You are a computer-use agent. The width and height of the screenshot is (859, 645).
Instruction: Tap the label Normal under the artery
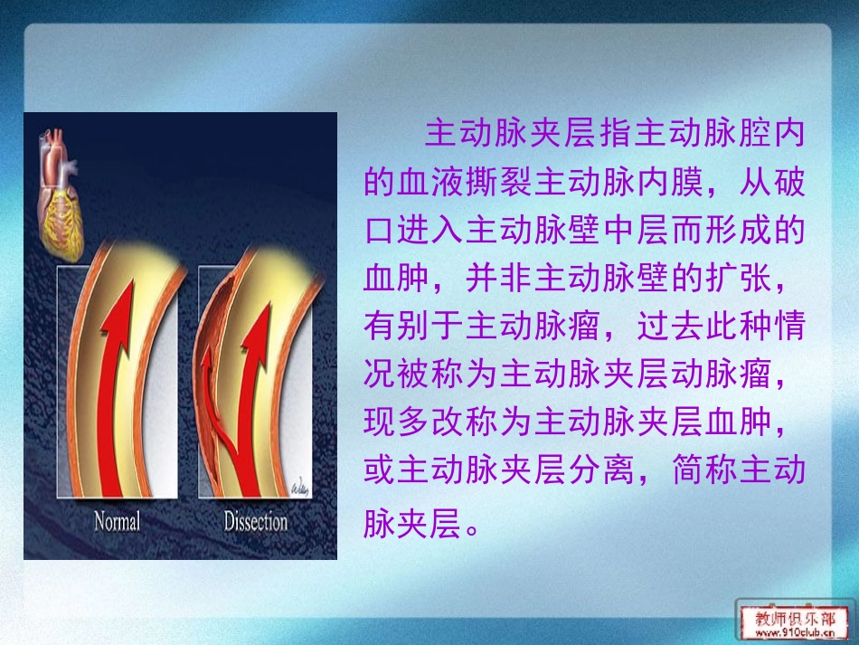pyautogui.click(x=118, y=522)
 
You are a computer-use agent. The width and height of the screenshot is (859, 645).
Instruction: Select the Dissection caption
pyautogui.click(x=255, y=522)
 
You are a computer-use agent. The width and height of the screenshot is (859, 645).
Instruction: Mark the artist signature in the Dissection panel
pyautogui.click(x=297, y=488)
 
